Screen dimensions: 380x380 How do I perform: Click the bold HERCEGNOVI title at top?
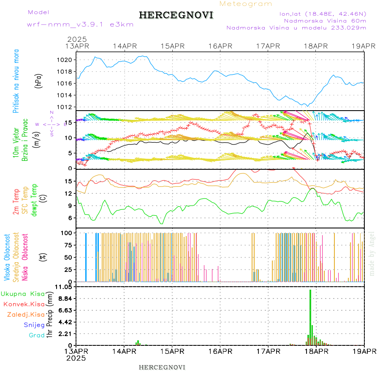(x=176, y=15)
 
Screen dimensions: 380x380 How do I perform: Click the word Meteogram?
(x=246, y=4)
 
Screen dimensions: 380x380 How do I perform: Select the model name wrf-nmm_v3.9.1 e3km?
(x=80, y=24)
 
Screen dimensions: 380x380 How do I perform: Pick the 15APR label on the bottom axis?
(x=172, y=351)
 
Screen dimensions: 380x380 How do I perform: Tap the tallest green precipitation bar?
(x=310, y=317)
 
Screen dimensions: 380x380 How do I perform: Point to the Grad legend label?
(x=37, y=335)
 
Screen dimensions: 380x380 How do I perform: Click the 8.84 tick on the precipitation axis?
(x=66, y=299)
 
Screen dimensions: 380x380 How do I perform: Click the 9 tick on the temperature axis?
(x=69, y=206)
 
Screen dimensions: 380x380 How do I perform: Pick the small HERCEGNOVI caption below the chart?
(x=162, y=367)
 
